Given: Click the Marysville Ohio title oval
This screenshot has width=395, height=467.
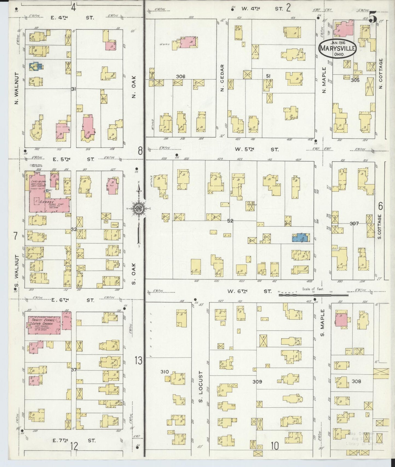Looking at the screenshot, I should (338, 49).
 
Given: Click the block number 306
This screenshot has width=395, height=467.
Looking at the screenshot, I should (180, 76).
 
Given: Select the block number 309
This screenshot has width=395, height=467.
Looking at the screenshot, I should (257, 382).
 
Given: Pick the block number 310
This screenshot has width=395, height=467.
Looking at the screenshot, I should (165, 372).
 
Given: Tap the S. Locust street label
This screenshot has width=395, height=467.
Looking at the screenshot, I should (201, 385).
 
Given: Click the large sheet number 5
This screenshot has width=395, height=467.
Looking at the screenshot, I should (373, 18).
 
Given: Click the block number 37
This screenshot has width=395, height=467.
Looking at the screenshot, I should (74, 370).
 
